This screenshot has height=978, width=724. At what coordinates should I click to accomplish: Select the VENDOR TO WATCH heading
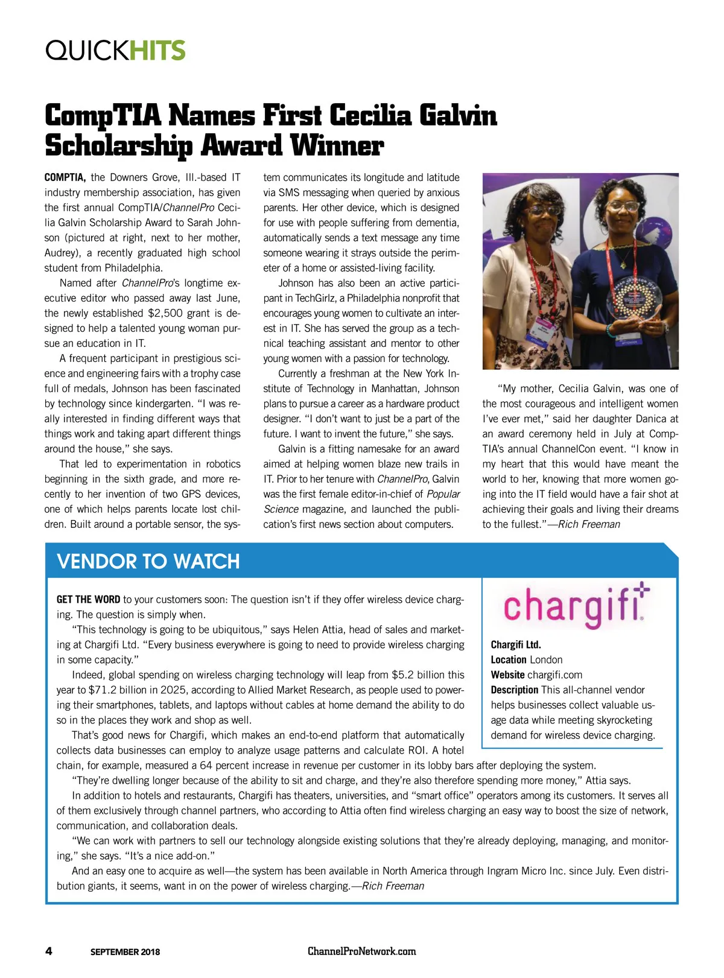[x=148, y=562]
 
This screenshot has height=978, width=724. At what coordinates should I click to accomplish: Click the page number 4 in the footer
[x=49, y=951]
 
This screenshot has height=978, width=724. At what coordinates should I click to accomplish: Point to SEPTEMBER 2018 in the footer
[x=125, y=952]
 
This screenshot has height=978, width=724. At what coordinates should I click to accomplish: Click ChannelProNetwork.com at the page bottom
[x=361, y=951]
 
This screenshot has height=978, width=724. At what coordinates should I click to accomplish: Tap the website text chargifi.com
[x=554, y=675]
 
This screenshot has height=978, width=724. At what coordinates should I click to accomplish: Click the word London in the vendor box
[x=545, y=660]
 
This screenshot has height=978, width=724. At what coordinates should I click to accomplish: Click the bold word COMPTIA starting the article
[x=65, y=177]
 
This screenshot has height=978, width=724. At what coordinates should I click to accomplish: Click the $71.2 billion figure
[x=115, y=690]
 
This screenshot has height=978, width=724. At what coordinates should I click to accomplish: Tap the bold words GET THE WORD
[x=88, y=600]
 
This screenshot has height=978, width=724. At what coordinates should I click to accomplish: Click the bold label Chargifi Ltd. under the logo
[x=516, y=645]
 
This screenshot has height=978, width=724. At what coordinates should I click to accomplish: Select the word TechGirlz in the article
[x=318, y=298]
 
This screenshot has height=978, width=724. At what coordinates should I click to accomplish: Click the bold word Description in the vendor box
[x=514, y=690]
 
